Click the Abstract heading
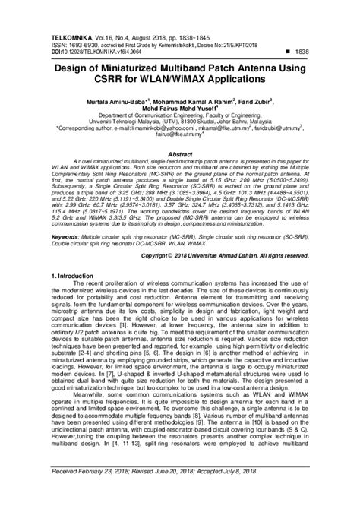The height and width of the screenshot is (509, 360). pos(180,153)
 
